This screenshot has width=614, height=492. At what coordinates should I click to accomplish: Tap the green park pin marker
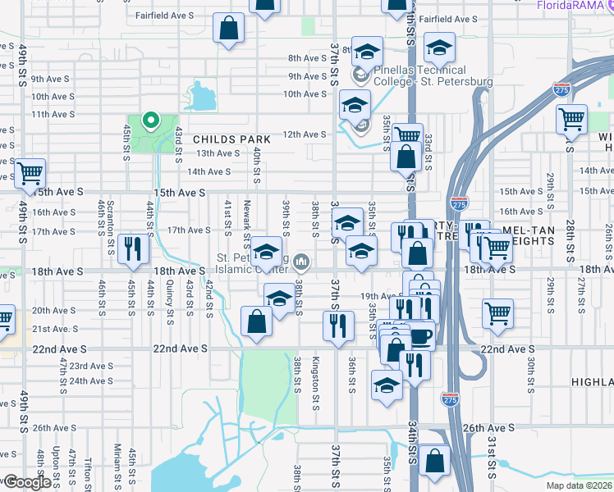click(150, 122)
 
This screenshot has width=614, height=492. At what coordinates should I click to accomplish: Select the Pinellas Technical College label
click(432, 76)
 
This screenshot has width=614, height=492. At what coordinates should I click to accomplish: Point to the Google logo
click(26, 482)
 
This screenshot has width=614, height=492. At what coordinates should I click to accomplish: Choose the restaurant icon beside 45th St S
click(132, 248)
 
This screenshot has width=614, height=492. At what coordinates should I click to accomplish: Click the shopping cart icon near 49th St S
click(30, 173)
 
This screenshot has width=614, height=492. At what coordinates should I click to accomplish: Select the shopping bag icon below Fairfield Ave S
click(228, 29)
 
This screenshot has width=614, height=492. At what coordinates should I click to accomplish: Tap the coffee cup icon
click(421, 335)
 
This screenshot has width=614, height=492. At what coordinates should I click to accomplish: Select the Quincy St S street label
click(169, 298)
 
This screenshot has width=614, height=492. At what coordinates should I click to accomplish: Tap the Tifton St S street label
click(88, 468)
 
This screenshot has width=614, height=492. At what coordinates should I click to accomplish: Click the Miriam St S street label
click(117, 463)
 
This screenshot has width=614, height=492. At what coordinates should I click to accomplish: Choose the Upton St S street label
click(56, 465)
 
